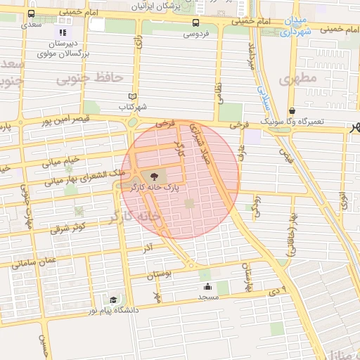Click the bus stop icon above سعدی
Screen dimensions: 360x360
pos(32,13)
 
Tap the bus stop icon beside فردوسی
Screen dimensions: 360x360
pos(195,22)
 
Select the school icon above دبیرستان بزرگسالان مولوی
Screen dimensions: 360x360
pos(63,32)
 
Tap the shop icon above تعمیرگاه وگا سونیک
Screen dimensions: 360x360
pos(292,110)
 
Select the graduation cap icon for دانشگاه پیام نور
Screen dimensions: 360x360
pos(114,299)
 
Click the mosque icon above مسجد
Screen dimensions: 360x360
pos(207,286)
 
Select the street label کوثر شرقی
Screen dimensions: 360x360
pos(68,227)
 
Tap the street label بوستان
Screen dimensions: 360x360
pos(160,276)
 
